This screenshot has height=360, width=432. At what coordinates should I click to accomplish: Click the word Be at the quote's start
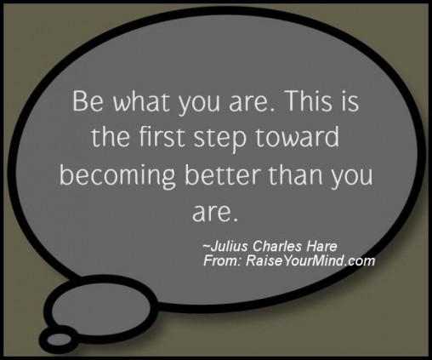click(x=88, y=101)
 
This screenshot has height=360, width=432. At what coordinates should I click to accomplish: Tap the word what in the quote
click(x=142, y=101)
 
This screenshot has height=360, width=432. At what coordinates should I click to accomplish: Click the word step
click(x=220, y=139)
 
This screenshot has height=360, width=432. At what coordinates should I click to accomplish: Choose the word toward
click(x=298, y=137)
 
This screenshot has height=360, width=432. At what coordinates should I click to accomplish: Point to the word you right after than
click(x=352, y=177)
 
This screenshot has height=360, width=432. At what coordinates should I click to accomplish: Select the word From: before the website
click(x=222, y=260)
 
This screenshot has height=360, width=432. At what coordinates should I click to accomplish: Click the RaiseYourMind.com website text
click(x=310, y=260)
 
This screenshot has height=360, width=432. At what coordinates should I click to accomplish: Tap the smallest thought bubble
click(x=59, y=339)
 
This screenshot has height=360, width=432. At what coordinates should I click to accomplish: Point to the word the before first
click(x=111, y=137)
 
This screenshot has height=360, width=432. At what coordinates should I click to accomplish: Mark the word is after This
click(x=350, y=101)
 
